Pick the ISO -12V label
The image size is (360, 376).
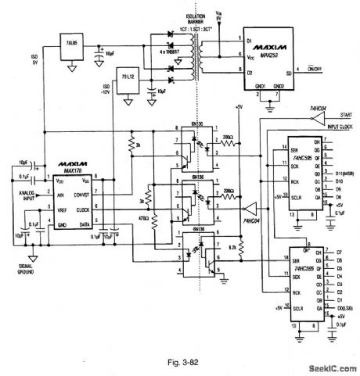click(100, 88)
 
